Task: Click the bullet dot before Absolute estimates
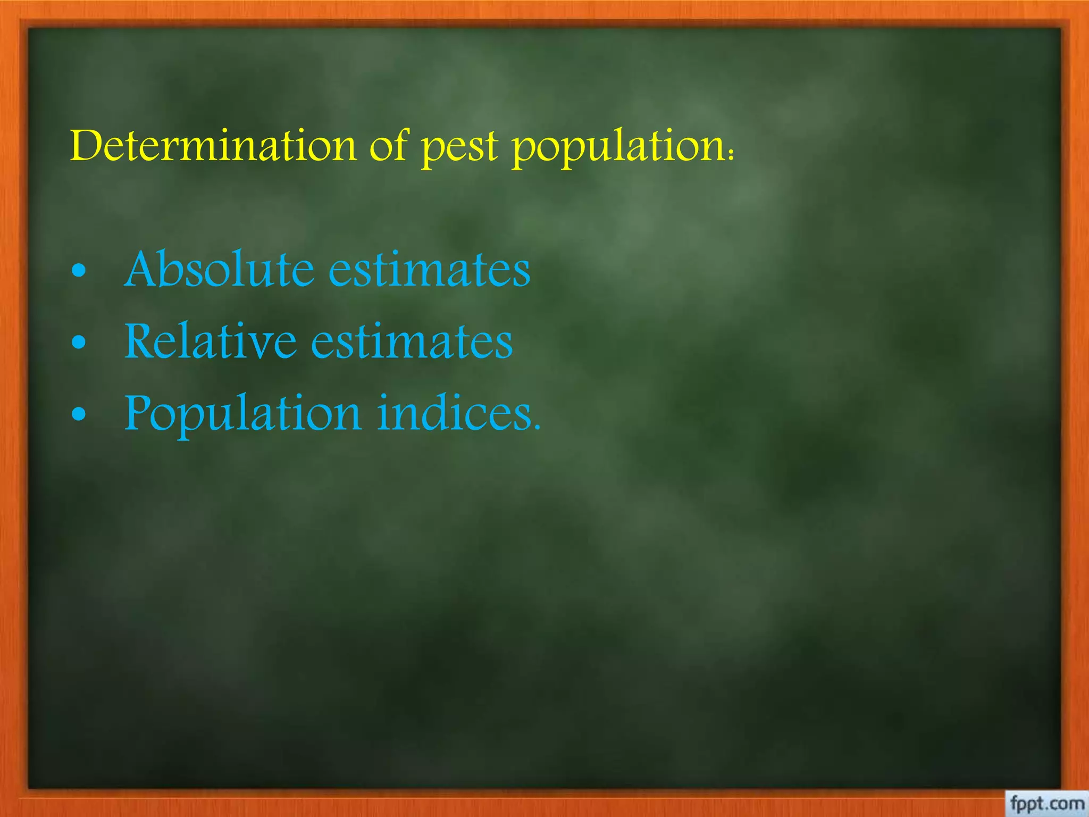tap(79, 271)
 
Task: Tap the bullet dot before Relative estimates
tap(79, 343)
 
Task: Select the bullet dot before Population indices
tap(79, 414)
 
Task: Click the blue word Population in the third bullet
tap(243, 414)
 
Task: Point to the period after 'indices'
tap(537, 427)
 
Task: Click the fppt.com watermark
tap(1046, 803)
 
